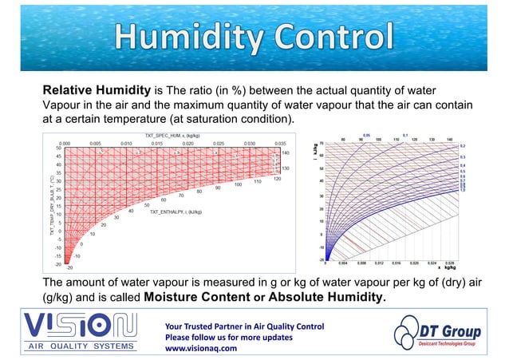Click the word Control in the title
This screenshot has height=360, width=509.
pyautogui.click(x=334, y=38)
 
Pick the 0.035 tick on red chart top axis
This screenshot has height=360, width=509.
pyautogui.click(x=279, y=144)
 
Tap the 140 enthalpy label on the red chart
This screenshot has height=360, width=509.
pyautogui.click(x=285, y=152)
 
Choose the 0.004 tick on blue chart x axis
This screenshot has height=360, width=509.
pyautogui.click(x=343, y=261)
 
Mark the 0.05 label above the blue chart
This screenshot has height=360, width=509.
pyautogui.click(x=366, y=135)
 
